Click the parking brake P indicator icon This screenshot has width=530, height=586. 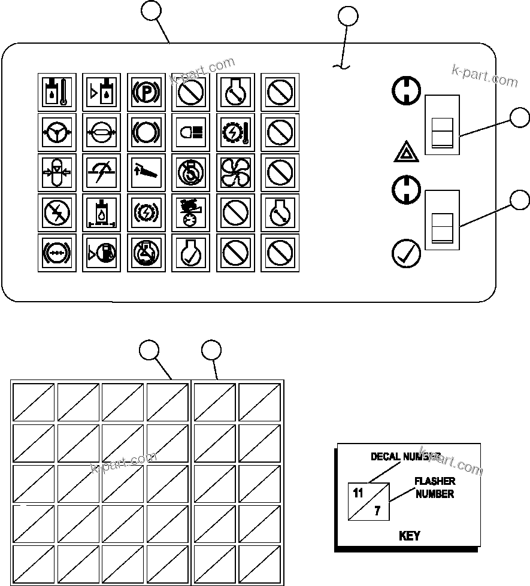point(146,92)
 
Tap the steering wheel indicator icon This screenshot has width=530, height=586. point(57,132)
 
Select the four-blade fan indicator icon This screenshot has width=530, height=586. point(235,171)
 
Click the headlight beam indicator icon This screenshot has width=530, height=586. point(190,132)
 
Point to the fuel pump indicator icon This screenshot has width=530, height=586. point(101,252)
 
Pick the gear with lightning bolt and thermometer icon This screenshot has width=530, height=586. point(235,132)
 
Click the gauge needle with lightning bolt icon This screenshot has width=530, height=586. point(101,171)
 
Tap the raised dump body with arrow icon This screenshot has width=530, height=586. point(146,171)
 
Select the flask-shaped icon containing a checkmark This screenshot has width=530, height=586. point(190,252)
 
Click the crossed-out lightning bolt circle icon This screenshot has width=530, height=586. point(57,211)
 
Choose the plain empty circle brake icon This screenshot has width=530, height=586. point(146,132)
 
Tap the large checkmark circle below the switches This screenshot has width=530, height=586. point(405,253)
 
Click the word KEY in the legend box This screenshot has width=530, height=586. point(409,536)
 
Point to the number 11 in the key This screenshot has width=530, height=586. point(358,494)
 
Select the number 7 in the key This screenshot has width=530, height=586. point(377,511)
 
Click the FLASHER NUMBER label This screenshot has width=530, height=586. point(435,487)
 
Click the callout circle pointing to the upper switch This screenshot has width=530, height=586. point(519,118)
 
